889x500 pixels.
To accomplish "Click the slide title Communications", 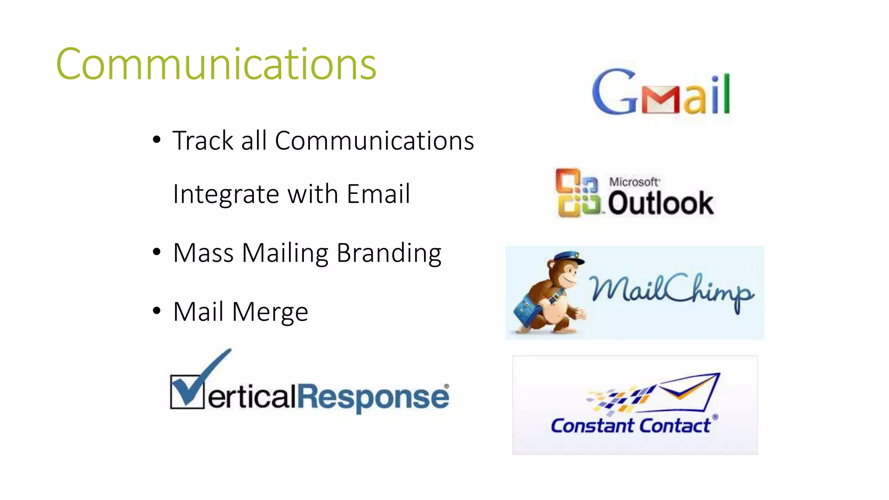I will point(216,64).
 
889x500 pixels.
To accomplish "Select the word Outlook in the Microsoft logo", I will point(660,203).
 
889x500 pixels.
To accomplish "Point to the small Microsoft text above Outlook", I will point(634,182).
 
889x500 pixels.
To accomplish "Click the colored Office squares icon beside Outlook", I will point(578,193).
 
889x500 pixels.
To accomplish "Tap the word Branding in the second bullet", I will point(389,253).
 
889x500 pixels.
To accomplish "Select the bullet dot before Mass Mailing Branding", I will point(157,252).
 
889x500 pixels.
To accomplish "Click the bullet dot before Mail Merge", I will point(157,311).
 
